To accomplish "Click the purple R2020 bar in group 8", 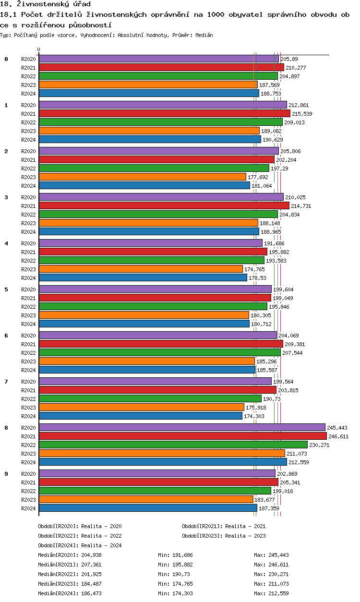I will [182, 427].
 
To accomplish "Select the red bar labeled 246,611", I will [182, 436].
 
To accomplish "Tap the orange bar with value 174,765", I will [141, 269].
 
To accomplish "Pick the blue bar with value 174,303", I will [141, 416].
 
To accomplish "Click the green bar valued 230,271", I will [173, 445].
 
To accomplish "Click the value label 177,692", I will [257, 177].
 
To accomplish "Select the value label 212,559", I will [299, 462].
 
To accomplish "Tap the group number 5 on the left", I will [6, 289].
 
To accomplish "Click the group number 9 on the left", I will [6, 474].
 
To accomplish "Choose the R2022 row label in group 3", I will [29, 215].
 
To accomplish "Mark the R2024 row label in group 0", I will [29, 94].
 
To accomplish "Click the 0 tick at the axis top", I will [39, 49].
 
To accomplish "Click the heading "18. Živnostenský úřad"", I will [46, 4].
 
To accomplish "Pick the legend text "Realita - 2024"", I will [101, 545].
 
